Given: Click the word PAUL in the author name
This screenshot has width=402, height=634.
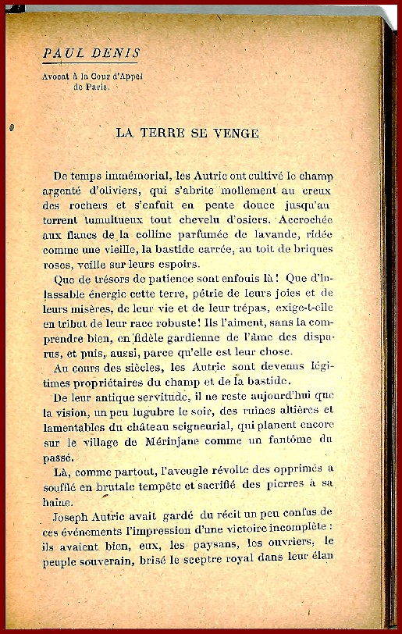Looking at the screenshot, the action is pos(63,53).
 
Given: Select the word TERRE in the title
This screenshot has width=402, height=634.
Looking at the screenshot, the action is pos(167,133).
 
